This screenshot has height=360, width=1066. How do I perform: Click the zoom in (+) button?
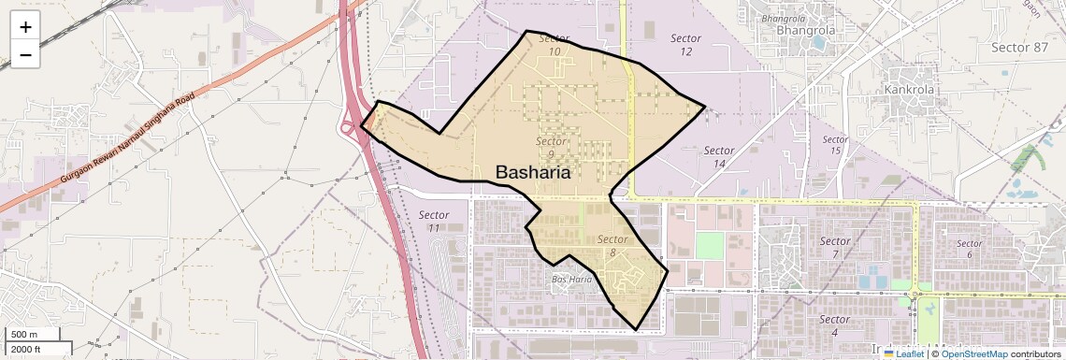tap(25, 27)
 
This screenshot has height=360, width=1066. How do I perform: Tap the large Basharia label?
tap(533, 172)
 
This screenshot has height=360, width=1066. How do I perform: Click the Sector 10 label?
tap(555, 45)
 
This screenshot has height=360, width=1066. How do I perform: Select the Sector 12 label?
tap(686, 44)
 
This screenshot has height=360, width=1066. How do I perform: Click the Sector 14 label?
tap(719, 157)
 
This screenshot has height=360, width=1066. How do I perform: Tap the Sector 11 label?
tap(434, 221)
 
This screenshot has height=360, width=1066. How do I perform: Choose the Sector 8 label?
tap(612, 246)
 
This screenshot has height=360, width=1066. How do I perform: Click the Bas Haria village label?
tap(572, 279)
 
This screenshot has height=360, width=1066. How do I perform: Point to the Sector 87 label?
tap(1019, 47)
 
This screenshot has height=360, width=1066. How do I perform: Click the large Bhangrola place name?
tap(805, 30)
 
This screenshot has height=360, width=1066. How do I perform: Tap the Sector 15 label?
tap(835, 145)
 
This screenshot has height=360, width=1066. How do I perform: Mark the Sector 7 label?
tap(835, 248)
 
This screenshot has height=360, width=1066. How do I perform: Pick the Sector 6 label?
tap(970, 249)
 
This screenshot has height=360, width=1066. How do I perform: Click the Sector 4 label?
tap(834, 325)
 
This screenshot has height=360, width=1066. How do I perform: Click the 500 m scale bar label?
tap(23, 335)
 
